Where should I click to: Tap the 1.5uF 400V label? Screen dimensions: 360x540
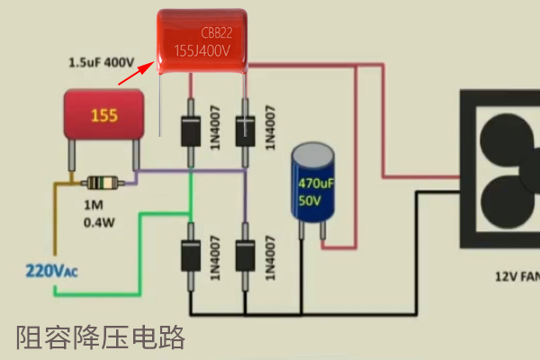click(x=101, y=63)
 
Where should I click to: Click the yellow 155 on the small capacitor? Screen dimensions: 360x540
click(x=103, y=116)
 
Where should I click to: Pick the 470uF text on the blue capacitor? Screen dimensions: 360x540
click(x=316, y=181)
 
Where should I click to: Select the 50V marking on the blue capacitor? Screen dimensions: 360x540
click(x=310, y=202)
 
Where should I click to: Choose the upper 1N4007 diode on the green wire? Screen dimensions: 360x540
click(x=190, y=130)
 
